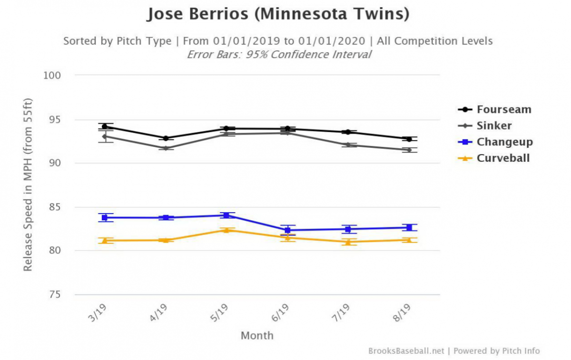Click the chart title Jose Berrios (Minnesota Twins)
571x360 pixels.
(278, 15)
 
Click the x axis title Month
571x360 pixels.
(257, 336)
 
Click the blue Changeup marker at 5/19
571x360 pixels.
(226, 215)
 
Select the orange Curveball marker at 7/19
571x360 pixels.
(348, 242)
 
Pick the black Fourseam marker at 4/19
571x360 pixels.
(166, 138)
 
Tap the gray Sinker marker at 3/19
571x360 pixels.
(104, 136)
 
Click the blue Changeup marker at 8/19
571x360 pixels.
(409, 227)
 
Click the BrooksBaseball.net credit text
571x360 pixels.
(406, 351)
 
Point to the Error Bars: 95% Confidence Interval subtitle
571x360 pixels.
(278, 54)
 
